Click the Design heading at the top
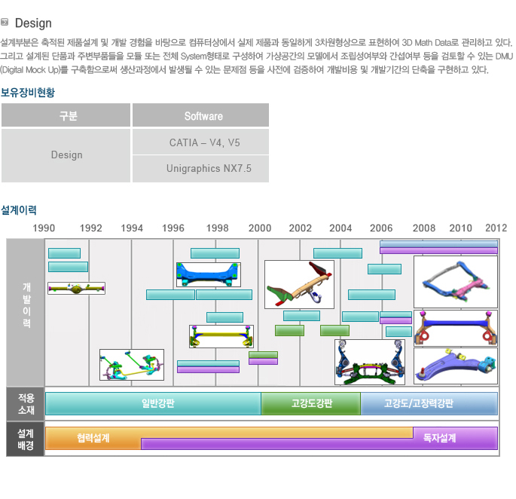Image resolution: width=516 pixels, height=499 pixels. tap(33, 23)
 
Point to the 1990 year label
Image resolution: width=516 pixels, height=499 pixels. tap(44, 228)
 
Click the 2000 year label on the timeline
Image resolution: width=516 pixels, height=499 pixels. tap(260, 228)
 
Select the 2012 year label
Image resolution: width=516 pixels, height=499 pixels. tap(496, 228)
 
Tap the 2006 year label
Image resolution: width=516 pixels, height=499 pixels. tap(381, 228)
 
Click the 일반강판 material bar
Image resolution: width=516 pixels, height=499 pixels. tap(153, 403)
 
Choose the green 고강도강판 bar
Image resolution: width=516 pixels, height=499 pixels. tap(311, 403)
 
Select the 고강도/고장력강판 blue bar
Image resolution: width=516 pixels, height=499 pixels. tap(429, 403)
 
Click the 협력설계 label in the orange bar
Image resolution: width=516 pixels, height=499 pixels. tap(93, 438)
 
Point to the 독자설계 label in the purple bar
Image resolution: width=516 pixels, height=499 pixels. tap(439, 438)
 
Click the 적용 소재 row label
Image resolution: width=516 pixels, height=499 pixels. tap(26, 404)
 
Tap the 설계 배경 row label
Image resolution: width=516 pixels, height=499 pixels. tap(26, 439)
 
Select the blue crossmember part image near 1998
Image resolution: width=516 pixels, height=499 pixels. tap(209, 274)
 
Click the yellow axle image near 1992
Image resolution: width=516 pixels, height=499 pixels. tap(76, 288)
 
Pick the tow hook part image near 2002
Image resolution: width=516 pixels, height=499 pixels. tap(299, 284)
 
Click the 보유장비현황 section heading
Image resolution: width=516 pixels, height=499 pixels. tap(28, 93)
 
